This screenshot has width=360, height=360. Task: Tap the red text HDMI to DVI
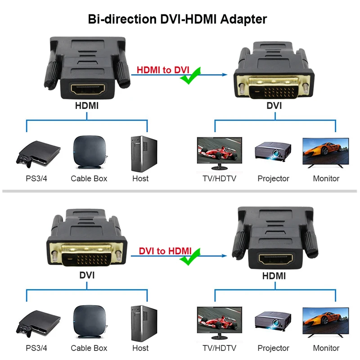(163, 70)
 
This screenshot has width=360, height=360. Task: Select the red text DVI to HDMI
(165, 251)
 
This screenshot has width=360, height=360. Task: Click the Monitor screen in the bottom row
(326, 320)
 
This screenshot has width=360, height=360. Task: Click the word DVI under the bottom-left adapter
(87, 275)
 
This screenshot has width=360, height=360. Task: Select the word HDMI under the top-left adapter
(87, 106)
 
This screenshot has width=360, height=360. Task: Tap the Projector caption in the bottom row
(273, 348)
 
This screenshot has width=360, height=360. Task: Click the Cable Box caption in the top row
(89, 178)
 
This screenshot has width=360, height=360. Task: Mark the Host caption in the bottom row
(140, 348)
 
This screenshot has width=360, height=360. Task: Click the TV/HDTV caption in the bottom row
(219, 348)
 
